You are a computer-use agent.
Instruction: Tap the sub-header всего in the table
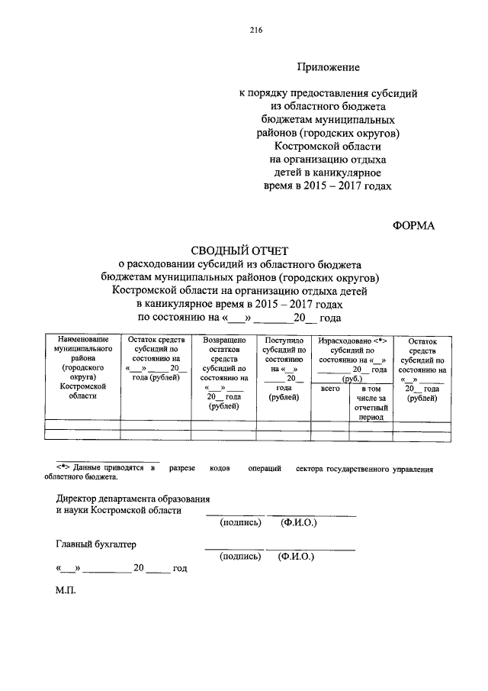pyautogui.click(x=329, y=389)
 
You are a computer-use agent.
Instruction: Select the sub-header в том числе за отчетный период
pyautogui.click(x=371, y=403)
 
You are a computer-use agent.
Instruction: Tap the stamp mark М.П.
pyautogui.click(x=66, y=591)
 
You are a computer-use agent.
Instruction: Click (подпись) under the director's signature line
pyautogui.click(x=240, y=523)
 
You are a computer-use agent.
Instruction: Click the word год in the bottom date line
pyautogui.click(x=179, y=569)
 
